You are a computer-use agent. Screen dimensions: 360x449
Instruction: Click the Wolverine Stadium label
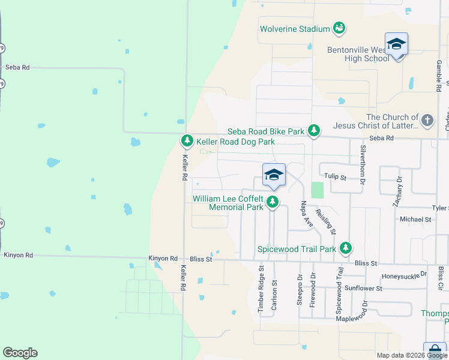295,29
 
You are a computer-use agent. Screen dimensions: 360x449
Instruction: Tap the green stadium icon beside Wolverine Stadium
339,28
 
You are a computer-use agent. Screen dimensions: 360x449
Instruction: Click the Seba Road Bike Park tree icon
313,130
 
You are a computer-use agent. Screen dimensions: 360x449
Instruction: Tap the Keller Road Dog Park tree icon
187,141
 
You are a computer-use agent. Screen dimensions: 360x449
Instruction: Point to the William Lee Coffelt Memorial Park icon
273,202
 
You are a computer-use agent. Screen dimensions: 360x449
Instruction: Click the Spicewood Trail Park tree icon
345,247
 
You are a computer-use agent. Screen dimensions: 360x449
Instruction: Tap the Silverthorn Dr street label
363,160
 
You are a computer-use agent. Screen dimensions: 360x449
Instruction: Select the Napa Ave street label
307,214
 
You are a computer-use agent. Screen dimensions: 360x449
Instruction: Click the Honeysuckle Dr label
404,275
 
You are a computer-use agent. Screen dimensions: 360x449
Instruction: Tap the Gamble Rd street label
439,75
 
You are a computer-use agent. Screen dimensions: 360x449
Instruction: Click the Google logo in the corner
20,353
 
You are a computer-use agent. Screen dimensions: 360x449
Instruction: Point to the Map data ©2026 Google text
412,355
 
